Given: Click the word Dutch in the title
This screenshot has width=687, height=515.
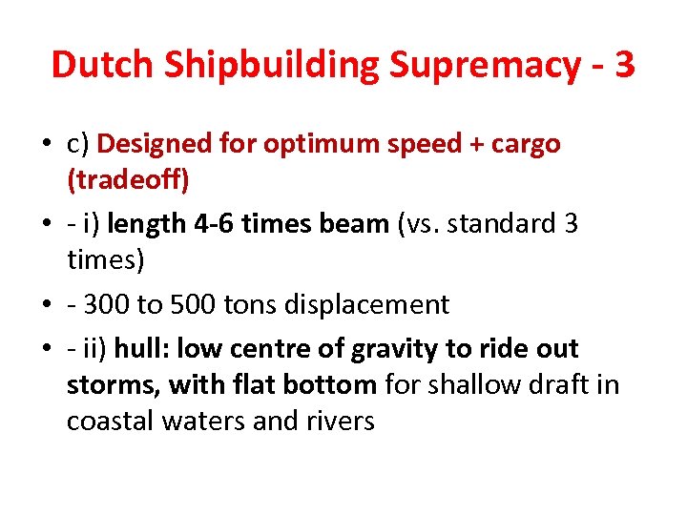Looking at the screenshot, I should tap(102, 65).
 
